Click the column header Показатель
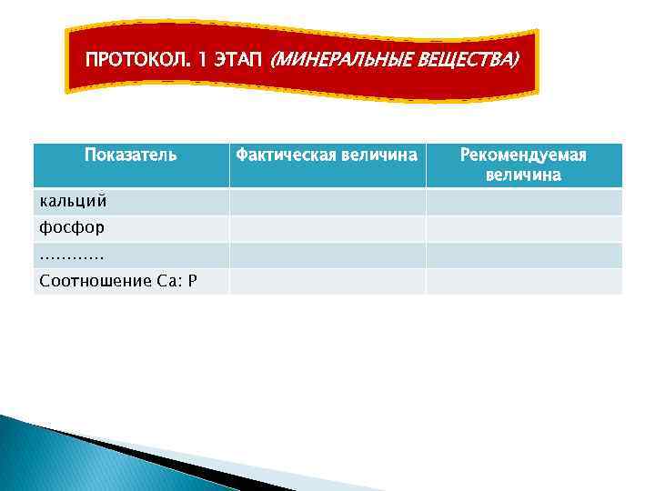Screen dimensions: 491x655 click(x=130, y=155)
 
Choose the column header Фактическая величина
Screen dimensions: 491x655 click(x=327, y=155)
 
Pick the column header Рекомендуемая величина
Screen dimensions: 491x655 click(x=523, y=165)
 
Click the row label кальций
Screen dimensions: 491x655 click(x=73, y=201)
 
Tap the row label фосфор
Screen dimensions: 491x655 click(x=71, y=227)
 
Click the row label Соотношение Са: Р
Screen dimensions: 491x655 click(x=117, y=281)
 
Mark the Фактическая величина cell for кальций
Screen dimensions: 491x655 click(x=327, y=201)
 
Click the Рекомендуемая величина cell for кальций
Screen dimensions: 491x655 click(x=523, y=201)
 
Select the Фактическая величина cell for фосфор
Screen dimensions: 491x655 click(x=327, y=228)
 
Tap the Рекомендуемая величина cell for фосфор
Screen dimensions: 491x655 click(x=523, y=228)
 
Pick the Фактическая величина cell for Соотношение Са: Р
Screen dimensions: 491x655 click(x=327, y=281)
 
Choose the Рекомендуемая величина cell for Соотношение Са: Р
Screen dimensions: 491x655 click(x=523, y=281)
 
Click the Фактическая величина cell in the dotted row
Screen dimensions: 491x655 click(x=327, y=255)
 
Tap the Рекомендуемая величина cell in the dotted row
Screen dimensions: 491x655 click(x=523, y=255)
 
